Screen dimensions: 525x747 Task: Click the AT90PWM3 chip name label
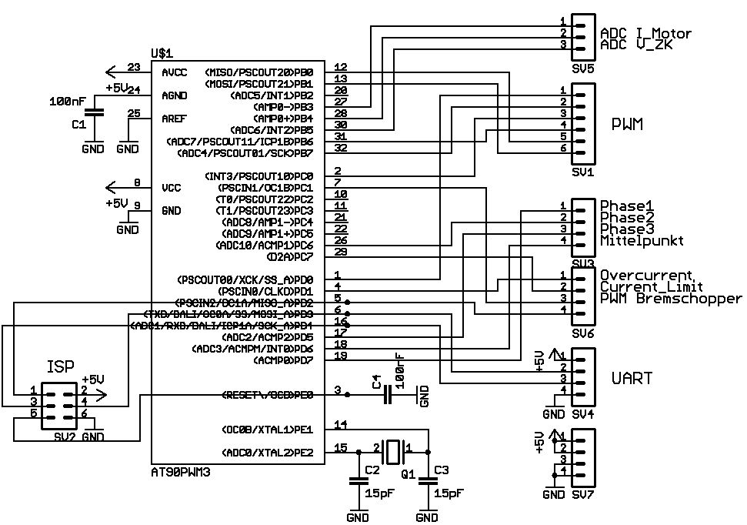(x=180, y=468)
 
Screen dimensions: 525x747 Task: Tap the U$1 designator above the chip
(x=162, y=53)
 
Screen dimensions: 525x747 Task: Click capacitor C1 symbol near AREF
(x=94, y=113)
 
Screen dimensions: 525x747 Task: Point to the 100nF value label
(x=68, y=101)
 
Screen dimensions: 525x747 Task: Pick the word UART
(x=632, y=379)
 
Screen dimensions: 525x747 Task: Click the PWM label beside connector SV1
(x=628, y=124)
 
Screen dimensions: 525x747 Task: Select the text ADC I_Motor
(x=645, y=34)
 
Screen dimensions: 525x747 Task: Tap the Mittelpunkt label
(x=642, y=241)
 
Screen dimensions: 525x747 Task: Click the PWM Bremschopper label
(x=671, y=299)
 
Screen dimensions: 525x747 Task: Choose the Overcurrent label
(x=647, y=275)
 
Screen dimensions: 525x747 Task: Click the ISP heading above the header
(x=61, y=366)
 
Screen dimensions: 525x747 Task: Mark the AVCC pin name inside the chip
(x=174, y=72)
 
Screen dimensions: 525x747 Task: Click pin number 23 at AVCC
(x=134, y=68)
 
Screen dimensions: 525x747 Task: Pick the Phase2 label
(x=626, y=218)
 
